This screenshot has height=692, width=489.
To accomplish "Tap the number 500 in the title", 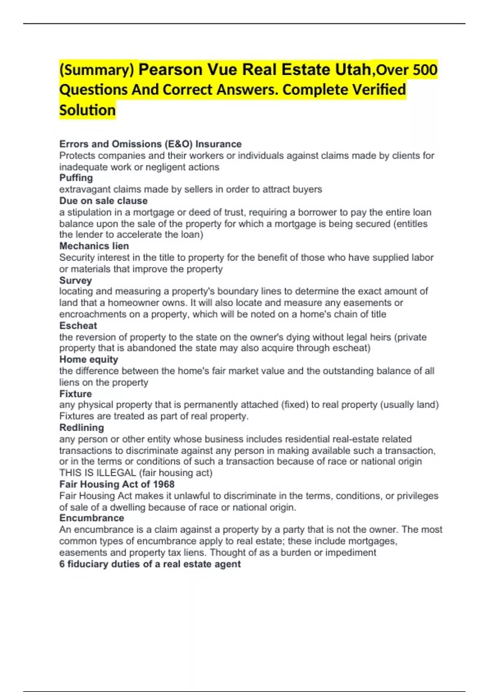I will (x=423, y=70).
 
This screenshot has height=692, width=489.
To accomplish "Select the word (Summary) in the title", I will (x=97, y=70).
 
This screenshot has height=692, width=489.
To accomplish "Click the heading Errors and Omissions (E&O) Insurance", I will (x=150, y=144).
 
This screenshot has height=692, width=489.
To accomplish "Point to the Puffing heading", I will (x=76, y=178).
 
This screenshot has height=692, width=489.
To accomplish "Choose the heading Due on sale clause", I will (x=104, y=201).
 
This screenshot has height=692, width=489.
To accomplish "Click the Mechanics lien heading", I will (x=94, y=246).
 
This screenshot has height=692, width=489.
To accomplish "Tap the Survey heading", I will (x=76, y=280).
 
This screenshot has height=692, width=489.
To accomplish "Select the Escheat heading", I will (x=78, y=326).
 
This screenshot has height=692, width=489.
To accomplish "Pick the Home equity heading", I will (x=89, y=359).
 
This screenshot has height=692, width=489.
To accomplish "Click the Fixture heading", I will (x=76, y=394).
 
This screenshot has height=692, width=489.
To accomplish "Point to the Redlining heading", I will (x=81, y=427).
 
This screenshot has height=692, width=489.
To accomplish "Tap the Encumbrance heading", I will (x=92, y=518).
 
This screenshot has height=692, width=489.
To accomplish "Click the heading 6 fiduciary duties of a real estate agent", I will (x=150, y=564).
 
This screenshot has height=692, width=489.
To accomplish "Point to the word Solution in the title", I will (x=88, y=110).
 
